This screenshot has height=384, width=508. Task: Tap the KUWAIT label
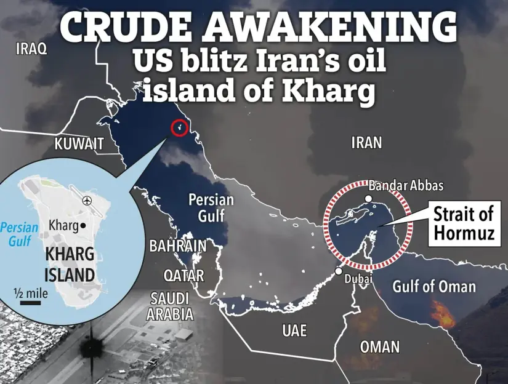tap(79, 145)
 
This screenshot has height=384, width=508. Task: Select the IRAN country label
tap(366, 143)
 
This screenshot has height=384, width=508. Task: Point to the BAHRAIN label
tap(178, 246)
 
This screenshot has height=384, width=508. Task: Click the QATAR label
tap(183, 274)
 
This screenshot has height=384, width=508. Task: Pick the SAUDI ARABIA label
tap(169, 306)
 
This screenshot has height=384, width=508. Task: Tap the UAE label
tap(294, 330)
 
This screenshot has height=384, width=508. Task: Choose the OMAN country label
tap(379, 346)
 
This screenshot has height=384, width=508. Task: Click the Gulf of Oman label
tap(434, 286)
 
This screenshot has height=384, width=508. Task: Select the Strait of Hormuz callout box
tap(463, 223)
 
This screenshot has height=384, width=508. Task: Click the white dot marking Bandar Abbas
tap(368, 199)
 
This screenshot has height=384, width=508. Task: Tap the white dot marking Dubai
tap(339, 271)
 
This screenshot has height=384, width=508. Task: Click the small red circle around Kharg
tap(179, 127)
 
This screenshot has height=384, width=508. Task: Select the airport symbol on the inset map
tap(87, 201)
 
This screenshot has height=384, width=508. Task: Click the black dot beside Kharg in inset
tap(82, 225)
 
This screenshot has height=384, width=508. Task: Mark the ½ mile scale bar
tap(30, 302)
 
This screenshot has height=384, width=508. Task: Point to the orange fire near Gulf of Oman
tap(441, 314)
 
